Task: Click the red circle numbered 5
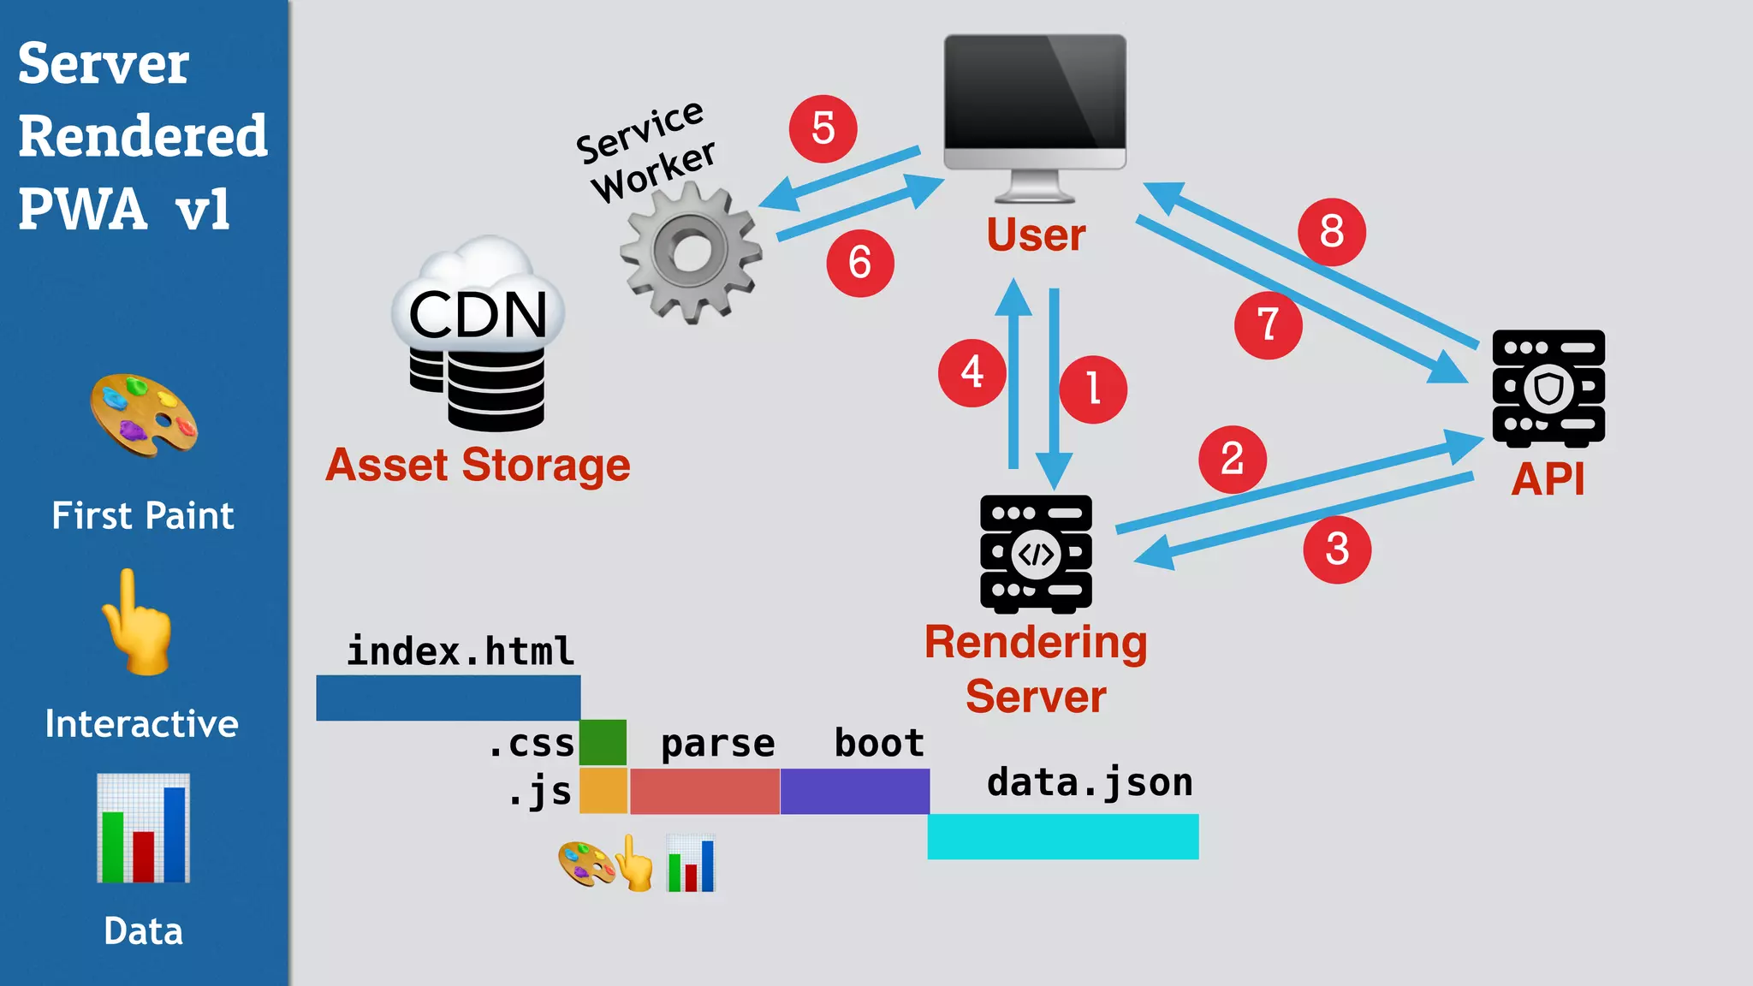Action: pyautogui.click(x=823, y=128)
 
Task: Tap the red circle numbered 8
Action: pyautogui.click(x=1331, y=231)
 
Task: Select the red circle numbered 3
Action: pyautogui.click(x=1337, y=549)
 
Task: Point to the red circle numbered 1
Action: pyautogui.click(x=1092, y=389)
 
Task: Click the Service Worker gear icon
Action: pyautogui.click(x=690, y=253)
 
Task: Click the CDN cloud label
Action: pyautogui.click(x=478, y=313)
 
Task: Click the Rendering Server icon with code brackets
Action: pyautogui.click(x=1036, y=554)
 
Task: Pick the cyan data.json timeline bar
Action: pyautogui.click(x=1062, y=836)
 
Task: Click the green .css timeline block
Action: pyautogui.click(x=603, y=742)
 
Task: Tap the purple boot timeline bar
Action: pyautogui.click(x=854, y=791)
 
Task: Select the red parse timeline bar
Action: pyautogui.click(x=704, y=791)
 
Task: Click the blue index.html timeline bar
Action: pyautogui.click(x=448, y=698)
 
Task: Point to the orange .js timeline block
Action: pyautogui.click(x=603, y=791)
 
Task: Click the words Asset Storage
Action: pyautogui.click(x=478, y=466)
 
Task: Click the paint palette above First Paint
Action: pyautogui.click(x=144, y=415)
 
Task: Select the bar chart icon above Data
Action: pyautogui.click(x=143, y=828)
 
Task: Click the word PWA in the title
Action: pyautogui.click(x=83, y=209)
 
